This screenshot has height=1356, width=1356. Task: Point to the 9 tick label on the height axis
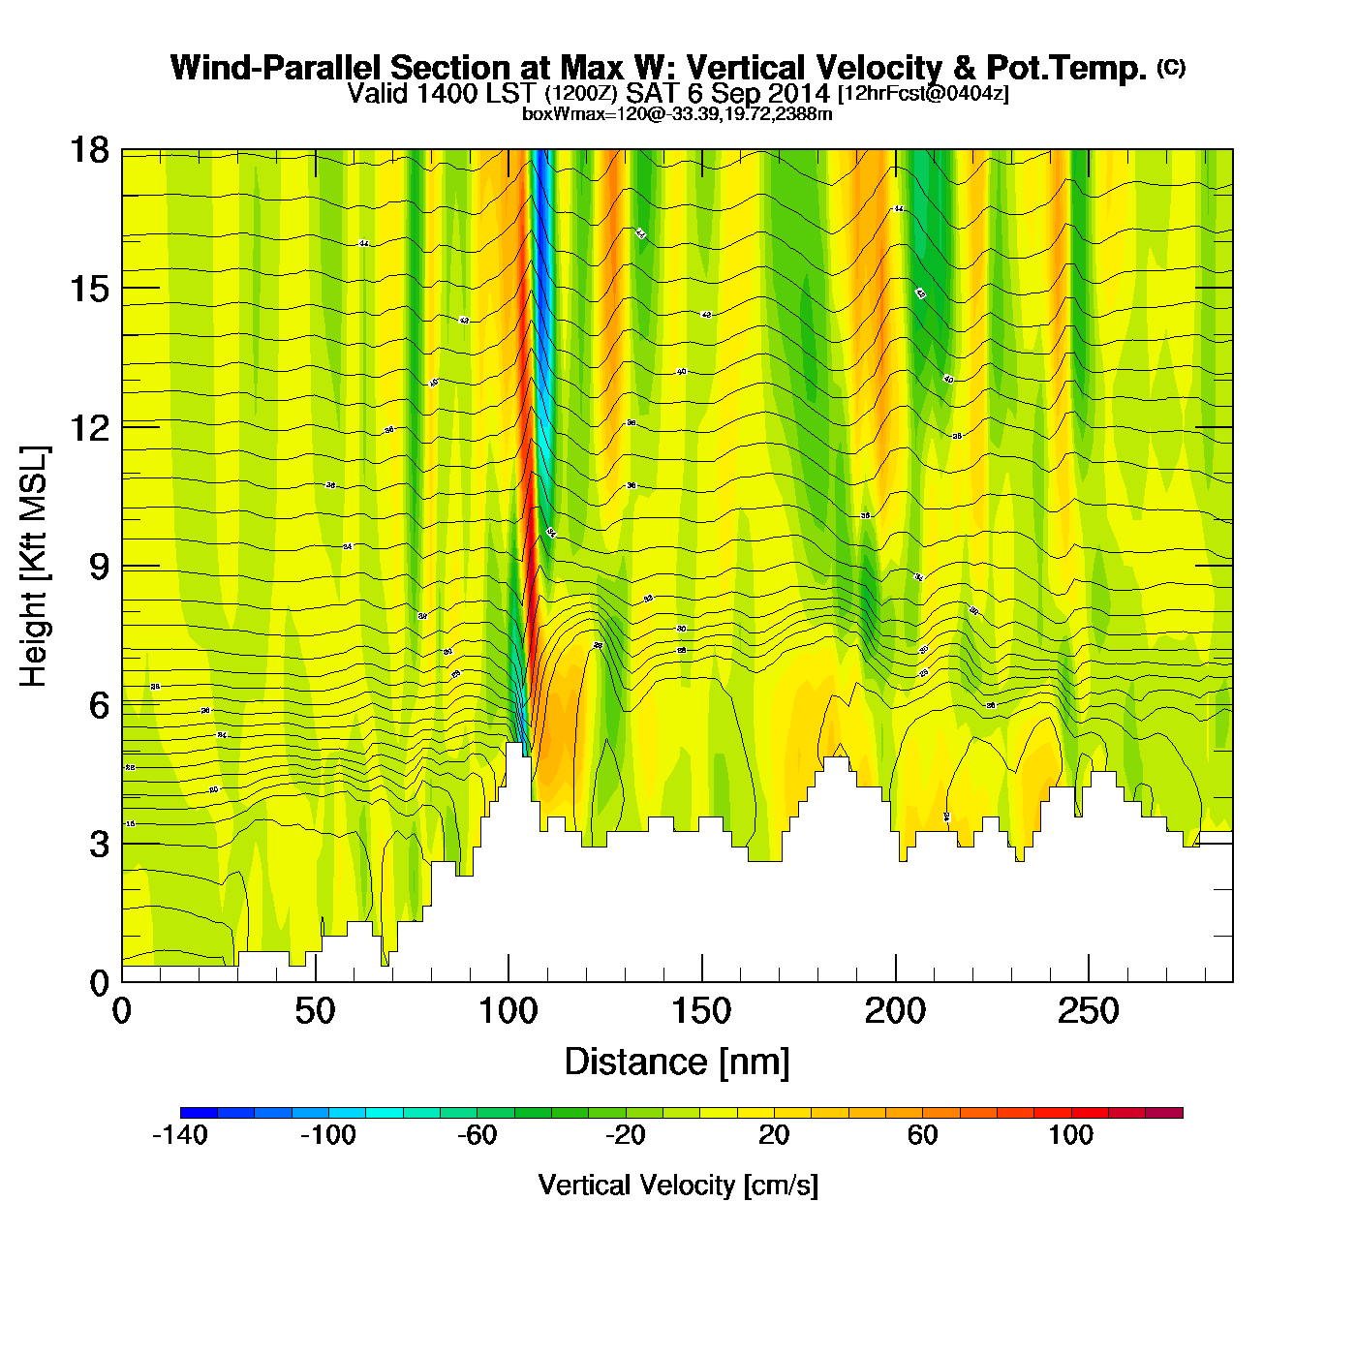pos(99,567)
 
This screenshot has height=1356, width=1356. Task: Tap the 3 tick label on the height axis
pos(99,845)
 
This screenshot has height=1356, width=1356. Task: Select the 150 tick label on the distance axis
pos(701,1012)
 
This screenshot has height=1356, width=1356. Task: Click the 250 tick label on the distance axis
pos(1089,1012)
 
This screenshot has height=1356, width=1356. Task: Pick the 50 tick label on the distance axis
pos(315,1012)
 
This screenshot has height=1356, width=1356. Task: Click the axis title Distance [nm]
pos(677,1063)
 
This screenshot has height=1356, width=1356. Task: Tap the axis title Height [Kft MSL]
pos(34,567)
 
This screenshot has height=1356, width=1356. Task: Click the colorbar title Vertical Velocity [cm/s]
pos(678,1185)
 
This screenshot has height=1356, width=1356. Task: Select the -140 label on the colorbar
pos(180,1135)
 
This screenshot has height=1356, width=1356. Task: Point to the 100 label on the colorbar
pos(1070,1135)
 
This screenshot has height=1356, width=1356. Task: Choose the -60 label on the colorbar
pos(477,1135)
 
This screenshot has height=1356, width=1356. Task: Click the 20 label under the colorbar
pos(774,1135)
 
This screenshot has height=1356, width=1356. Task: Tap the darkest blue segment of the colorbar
pos(199,1113)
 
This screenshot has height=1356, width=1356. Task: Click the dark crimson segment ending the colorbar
pos(1164,1113)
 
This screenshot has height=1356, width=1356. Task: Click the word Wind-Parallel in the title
pos(277,68)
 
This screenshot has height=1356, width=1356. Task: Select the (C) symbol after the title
pos(1171,67)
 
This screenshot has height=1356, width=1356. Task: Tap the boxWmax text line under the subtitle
pos(677,113)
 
